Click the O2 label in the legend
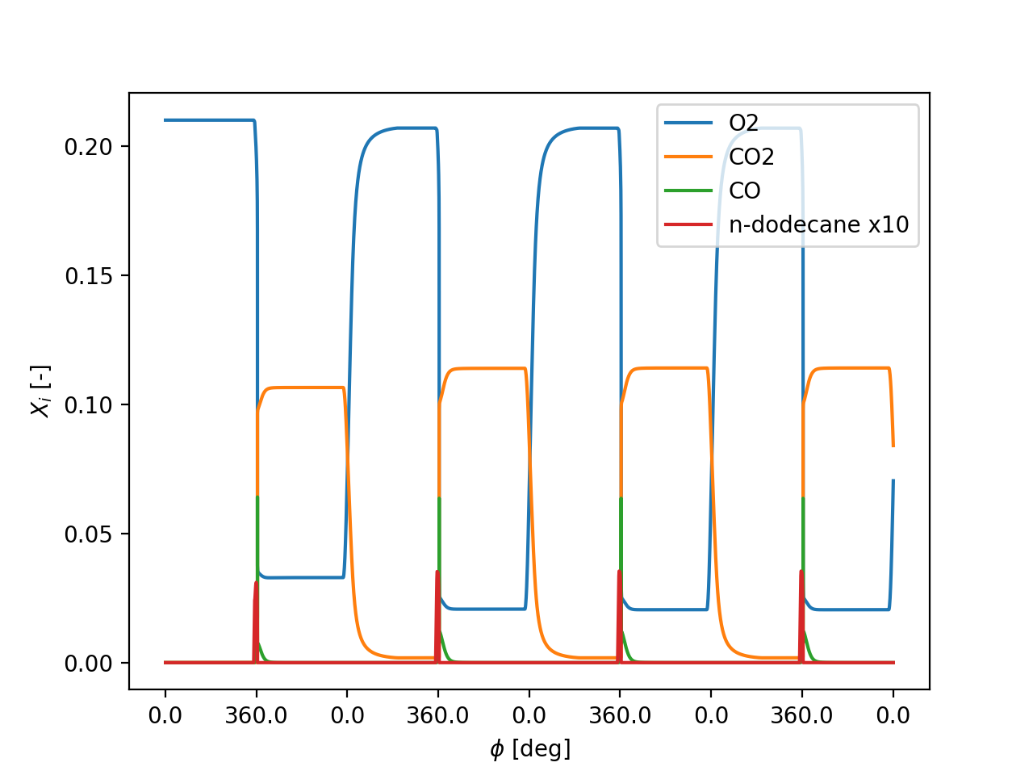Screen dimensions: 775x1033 [x=743, y=124]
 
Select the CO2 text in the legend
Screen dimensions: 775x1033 [x=751, y=157]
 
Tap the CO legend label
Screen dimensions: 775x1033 [x=744, y=191]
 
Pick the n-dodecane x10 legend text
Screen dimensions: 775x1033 [x=818, y=225]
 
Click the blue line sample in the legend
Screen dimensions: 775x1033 [x=688, y=124]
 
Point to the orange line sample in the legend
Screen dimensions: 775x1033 [x=688, y=157]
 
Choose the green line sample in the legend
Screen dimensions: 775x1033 [x=688, y=191]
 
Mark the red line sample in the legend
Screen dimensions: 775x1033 [x=688, y=225]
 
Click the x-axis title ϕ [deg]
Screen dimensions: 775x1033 [x=529, y=749]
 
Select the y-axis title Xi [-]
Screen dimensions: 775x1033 [x=40, y=392]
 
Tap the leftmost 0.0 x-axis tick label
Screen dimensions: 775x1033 [x=165, y=716]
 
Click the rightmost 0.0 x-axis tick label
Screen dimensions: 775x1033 [x=893, y=716]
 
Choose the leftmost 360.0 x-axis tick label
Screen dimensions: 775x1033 [x=256, y=716]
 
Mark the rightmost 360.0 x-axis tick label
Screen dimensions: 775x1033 [x=801, y=716]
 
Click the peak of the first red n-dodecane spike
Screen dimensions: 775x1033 [x=256, y=582]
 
